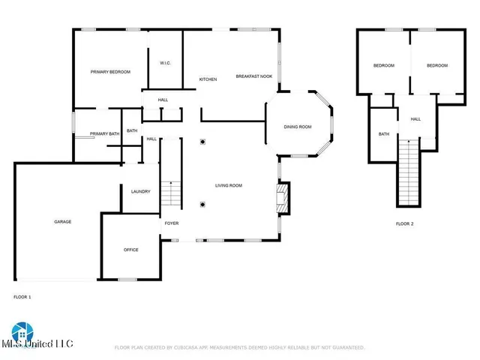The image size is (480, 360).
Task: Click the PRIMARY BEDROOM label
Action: pos(110,72)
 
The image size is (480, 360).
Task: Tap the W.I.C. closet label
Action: pos(166,63)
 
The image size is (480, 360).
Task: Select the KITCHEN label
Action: pos(208,79)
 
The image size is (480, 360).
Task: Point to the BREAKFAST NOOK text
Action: pos(252,76)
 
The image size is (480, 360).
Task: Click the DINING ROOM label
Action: pos(297,127)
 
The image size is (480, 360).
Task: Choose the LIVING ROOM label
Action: pos(228,186)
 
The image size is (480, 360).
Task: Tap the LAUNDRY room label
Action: pos(140,191)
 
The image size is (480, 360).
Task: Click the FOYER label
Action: pos(172,223)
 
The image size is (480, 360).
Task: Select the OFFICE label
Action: pos(130,250)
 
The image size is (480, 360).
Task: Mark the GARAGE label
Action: pos(62,222)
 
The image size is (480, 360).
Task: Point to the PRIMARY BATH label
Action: pos(104,133)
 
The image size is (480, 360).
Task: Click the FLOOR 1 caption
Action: pos(22,297)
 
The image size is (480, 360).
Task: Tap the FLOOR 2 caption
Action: pos(405,223)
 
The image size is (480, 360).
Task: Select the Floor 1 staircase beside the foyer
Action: pos(172,195)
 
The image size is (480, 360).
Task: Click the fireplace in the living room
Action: pos(283,198)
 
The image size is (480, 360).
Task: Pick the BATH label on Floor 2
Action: pos(383,134)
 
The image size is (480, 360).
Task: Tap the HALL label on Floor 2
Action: pos(415,118)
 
